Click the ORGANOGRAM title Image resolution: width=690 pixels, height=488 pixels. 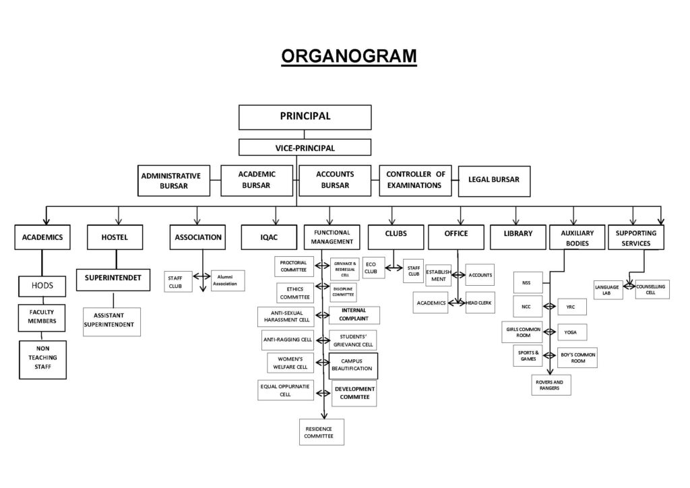pyautogui.click(x=348, y=55)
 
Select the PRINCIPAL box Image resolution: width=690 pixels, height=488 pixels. pyautogui.click(x=305, y=117)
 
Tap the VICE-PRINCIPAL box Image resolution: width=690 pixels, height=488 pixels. pyautogui.click(x=305, y=148)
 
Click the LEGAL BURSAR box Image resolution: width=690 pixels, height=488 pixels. pyautogui.click(x=494, y=180)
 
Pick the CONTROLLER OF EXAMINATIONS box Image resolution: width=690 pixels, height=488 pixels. pyautogui.click(x=415, y=180)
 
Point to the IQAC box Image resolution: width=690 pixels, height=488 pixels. pyautogui.click(x=269, y=237)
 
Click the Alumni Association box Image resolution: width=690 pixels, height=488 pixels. pyautogui.click(x=228, y=280)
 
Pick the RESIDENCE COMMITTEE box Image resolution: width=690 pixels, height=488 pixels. pyautogui.click(x=321, y=432)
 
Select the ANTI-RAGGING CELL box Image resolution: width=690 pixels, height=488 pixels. pyautogui.click(x=287, y=340)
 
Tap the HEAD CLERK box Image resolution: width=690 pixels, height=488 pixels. pyautogui.click(x=479, y=303)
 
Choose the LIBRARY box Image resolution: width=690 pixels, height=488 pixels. pyautogui.click(x=517, y=234)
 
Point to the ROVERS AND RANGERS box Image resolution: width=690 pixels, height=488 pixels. pyautogui.click(x=551, y=385)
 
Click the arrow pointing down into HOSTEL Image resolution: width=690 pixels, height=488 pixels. pyautogui.click(x=118, y=220)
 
